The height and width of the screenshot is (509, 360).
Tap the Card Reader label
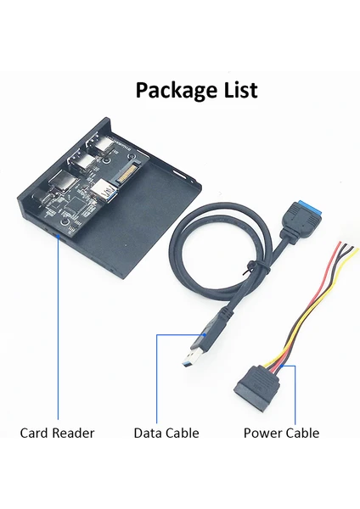57,433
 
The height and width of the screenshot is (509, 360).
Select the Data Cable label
166,433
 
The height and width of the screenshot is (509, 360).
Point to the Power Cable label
281,433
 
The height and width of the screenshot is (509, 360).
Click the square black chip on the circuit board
74,204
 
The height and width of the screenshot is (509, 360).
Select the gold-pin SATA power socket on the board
130,174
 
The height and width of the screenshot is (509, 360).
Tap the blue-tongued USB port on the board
104,192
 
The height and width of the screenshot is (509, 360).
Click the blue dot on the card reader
58,236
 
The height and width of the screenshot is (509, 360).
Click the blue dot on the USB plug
204,334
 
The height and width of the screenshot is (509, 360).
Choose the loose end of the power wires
347,246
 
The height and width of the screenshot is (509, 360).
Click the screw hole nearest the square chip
66,221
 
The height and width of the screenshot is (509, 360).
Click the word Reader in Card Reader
73,433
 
